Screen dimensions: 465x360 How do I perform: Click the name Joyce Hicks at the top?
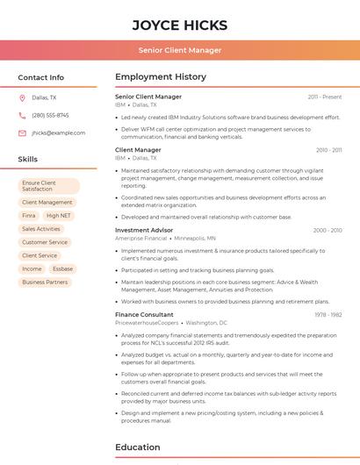[x=180, y=25]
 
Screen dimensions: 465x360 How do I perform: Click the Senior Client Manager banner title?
[x=180, y=50]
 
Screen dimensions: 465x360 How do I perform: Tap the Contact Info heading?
[x=41, y=77]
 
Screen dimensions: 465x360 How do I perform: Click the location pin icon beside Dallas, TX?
[x=22, y=98]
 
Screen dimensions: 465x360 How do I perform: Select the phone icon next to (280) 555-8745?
[x=22, y=116]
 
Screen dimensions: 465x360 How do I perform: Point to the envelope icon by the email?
[x=22, y=133]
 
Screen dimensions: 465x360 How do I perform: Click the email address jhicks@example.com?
[x=58, y=133]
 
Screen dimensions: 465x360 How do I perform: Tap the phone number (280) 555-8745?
[x=50, y=116]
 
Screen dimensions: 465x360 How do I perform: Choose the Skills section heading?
[x=28, y=160]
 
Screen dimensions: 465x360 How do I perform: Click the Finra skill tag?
[x=29, y=215]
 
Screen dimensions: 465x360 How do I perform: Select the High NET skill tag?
[x=59, y=215]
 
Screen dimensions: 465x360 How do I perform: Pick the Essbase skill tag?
[x=62, y=268]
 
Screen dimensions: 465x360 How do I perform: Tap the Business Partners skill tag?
[x=45, y=282]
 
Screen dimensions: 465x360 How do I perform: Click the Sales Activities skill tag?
[x=41, y=229]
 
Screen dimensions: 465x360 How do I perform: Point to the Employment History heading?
[x=161, y=77]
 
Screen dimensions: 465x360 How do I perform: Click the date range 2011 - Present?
[x=324, y=97]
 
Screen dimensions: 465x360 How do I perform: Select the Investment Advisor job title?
[x=144, y=230]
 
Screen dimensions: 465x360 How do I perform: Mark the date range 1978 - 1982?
[x=328, y=314]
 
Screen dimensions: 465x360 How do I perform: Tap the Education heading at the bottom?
[x=138, y=447]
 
